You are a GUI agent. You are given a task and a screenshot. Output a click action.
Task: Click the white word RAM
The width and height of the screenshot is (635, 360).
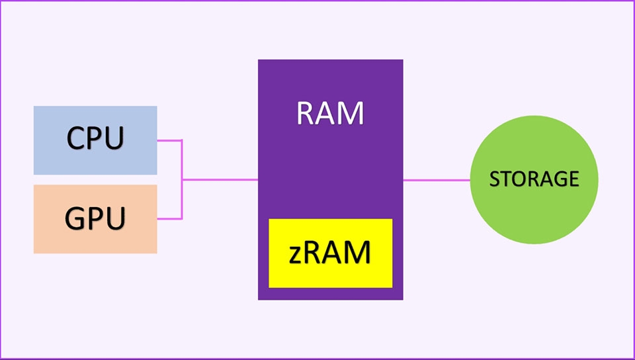point(330,113)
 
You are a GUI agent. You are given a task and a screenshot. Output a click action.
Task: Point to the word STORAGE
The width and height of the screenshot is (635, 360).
point(534,179)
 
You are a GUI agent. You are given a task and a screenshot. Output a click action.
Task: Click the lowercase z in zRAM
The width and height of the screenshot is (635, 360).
point(296,255)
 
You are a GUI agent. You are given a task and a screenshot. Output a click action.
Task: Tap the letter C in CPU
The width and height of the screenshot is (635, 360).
point(77,138)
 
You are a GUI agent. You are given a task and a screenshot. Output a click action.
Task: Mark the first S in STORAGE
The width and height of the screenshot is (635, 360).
point(493,179)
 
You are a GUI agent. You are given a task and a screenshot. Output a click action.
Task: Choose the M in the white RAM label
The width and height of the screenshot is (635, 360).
point(350,113)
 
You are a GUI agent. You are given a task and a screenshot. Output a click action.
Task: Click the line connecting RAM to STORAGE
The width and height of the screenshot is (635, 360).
point(437,179)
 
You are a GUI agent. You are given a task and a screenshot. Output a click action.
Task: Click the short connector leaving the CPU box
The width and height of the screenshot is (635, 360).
point(169,140)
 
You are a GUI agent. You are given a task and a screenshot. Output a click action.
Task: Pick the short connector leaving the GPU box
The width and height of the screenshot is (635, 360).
point(169,218)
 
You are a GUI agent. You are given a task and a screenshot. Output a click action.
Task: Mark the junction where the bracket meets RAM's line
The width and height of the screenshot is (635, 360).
point(181,179)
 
